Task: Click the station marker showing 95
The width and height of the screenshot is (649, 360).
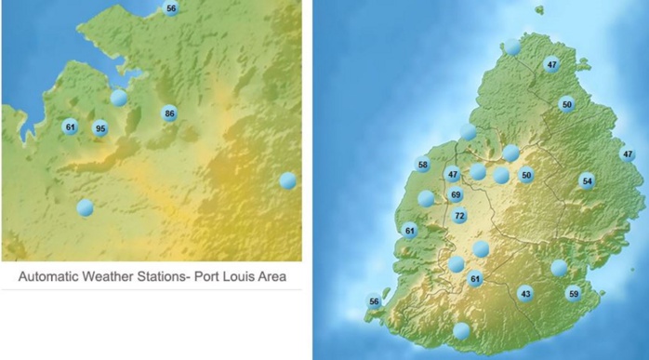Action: (100, 128)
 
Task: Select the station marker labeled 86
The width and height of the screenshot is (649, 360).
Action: (169, 113)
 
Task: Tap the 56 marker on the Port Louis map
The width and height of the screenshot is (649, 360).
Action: (171, 8)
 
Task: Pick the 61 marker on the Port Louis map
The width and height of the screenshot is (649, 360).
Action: (70, 127)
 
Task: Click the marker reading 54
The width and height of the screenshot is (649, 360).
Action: (587, 180)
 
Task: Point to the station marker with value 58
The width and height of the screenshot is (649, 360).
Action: (424, 165)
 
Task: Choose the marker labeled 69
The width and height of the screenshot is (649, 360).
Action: (456, 194)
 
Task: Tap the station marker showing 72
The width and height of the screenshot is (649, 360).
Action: (459, 216)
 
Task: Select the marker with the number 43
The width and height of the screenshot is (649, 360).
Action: (526, 293)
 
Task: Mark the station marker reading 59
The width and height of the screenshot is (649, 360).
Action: (574, 293)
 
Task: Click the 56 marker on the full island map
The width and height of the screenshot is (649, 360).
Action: (374, 301)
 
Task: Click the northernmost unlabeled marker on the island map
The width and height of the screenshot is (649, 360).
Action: (512, 47)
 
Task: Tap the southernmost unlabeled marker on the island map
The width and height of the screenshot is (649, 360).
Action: (461, 330)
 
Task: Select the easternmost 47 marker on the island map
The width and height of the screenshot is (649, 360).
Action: (628, 154)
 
